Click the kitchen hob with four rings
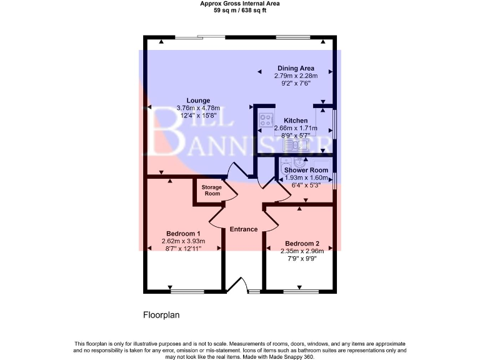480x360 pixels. [x=264, y=118]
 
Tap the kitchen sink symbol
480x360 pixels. [x=296, y=146]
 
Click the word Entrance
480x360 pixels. [x=244, y=229]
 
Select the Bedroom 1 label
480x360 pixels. [x=183, y=234]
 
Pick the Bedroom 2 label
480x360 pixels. [x=302, y=244]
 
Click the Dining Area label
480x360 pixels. [x=296, y=68]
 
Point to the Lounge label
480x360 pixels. [x=197, y=100]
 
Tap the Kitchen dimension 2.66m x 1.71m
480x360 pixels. [x=296, y=129]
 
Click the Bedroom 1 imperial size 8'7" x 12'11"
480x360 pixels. [x=183, y=249]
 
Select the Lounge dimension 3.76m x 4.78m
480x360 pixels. [x=197, y=107]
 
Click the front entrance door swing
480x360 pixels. [x=236, y=284]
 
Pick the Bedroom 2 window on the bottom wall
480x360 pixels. [x=301, y=291]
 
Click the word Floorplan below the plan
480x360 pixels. [x=161, y=315]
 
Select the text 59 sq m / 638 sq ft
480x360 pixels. [x=240, y=10]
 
